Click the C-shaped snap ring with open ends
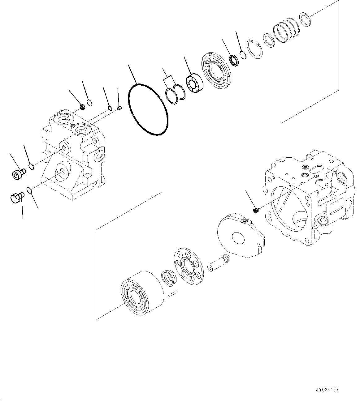[255, 49]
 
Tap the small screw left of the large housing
[256, 211]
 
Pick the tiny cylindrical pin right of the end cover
[120, 108]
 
